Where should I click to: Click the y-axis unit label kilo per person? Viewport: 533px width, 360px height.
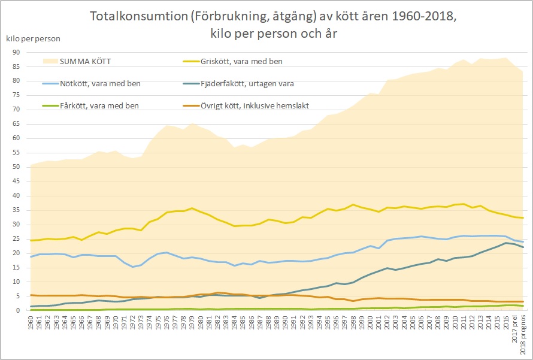click(33, 38)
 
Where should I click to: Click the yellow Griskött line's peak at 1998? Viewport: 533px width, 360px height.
click(353, 205)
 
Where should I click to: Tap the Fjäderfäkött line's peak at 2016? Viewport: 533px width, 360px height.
click(505, 243)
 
